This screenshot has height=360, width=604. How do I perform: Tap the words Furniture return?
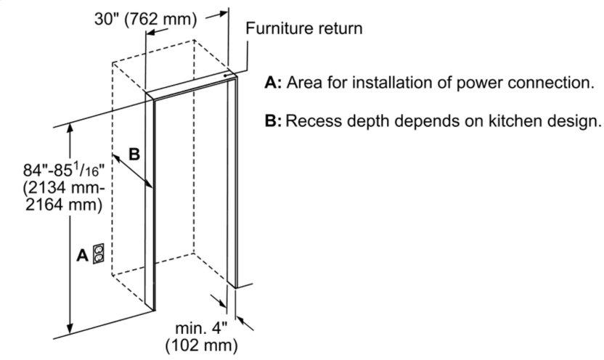[303, 29]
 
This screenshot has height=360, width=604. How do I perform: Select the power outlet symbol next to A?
[99, 255]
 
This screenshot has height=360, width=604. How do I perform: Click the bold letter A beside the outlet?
[82, 255]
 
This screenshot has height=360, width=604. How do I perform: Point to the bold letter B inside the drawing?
[134, 154]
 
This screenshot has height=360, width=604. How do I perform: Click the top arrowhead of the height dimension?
[70, 128]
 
